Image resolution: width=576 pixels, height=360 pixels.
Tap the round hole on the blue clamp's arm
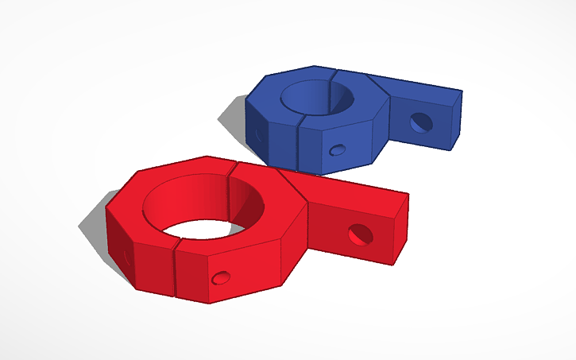(x=419, y=122)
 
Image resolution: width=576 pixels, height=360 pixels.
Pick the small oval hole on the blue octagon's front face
(x=337, y=149)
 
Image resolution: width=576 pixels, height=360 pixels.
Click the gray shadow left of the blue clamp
(x=233, y=119)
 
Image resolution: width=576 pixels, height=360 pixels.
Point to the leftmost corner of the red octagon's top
(x=106, y=210)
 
